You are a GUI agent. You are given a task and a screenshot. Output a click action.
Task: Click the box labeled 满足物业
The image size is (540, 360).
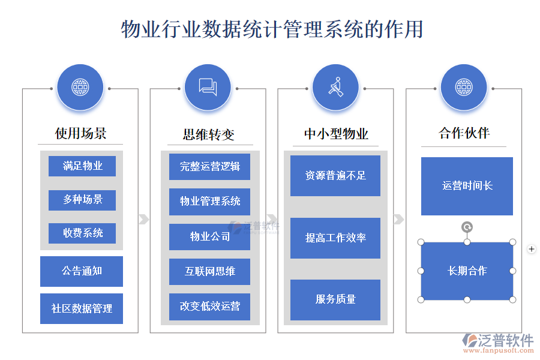pyautogui.click(x=82, y=166)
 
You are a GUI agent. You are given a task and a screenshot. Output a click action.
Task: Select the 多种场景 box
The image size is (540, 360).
pyautogui.click(x=82, y=200)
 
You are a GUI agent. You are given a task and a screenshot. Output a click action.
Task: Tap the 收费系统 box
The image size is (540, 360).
pyautogui.click(x=82, y=233)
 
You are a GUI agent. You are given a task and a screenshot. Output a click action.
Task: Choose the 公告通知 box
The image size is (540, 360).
pyautogui.click(x=82, y=271)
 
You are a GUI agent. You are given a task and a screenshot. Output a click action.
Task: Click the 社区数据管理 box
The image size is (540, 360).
pyautogui.click(x=82, y=308)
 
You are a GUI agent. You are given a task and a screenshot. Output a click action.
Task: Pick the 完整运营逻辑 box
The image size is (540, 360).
pyautogui.click(x=209, y=166)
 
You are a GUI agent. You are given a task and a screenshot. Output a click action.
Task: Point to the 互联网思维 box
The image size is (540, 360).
pyautogui.click(x=209, y=271)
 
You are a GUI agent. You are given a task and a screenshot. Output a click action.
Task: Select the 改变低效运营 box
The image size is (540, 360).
pyautogui.click(x=209, y=306)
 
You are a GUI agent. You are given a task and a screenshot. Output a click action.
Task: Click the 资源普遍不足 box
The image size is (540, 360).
pyautogui.click(x=335, y=175)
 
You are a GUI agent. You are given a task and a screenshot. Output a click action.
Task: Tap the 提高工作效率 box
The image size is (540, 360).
pyautogui.click(x=335, y=238)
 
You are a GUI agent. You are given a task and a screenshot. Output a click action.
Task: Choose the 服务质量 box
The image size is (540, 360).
pyautogui.click(x=335, y=299)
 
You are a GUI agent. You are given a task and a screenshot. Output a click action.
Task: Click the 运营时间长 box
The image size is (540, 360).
pyautogui.click(x=467, y=186)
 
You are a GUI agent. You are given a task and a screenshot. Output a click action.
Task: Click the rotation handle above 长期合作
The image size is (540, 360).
pyautogui.click(x=467, y=227)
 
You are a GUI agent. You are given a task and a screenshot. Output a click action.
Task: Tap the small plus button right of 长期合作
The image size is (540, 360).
pyautogui.click(x=531, y=249)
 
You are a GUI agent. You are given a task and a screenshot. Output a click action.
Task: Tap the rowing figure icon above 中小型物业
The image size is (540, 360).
pyautogui.click(x=336, y=87)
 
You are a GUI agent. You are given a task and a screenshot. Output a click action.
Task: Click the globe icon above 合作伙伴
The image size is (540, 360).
pyautogui.click(x=463, y=87)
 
